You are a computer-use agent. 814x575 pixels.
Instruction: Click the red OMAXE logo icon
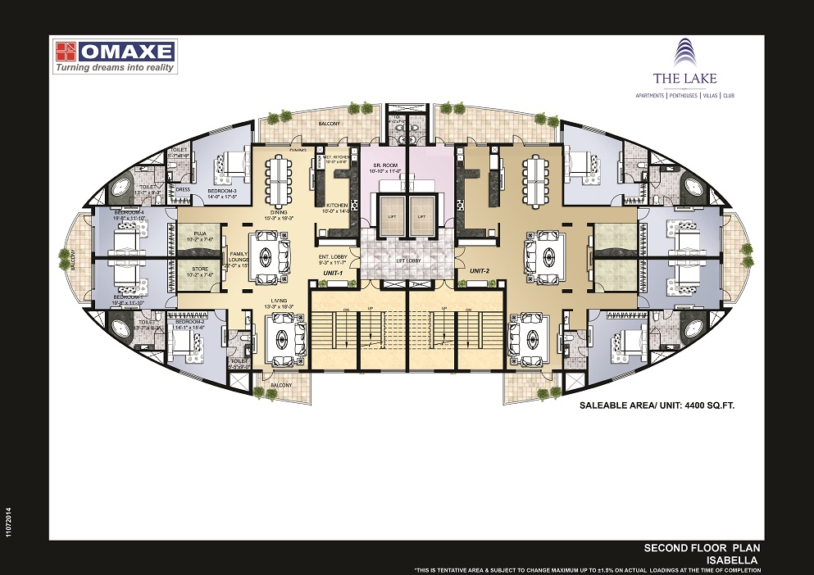[x=66, y=52]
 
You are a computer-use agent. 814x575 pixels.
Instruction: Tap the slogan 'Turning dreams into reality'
[x=115, y=68]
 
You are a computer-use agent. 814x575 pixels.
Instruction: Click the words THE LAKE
[x=684, y=79]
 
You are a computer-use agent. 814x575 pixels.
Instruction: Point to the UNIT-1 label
[x=332, y=272]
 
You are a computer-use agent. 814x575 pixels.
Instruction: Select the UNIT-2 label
[x=480, y=269]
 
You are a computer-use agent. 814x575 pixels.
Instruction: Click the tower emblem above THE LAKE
[x=684, y=53]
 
